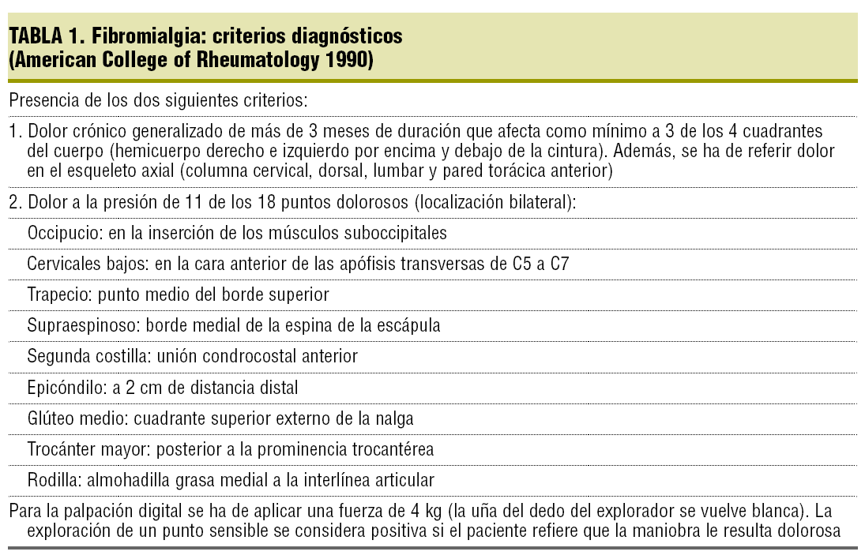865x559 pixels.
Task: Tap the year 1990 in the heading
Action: click(x=346, y=60)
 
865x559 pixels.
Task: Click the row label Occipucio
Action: click(x=59, y=233)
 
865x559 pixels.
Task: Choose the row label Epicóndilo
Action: click(x=62, y=388)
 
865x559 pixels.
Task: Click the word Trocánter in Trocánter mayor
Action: click(x=62, y=449)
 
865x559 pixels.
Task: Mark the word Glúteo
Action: click(x=51, y=418)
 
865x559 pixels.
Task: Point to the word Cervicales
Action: click(x=65, y=264)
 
